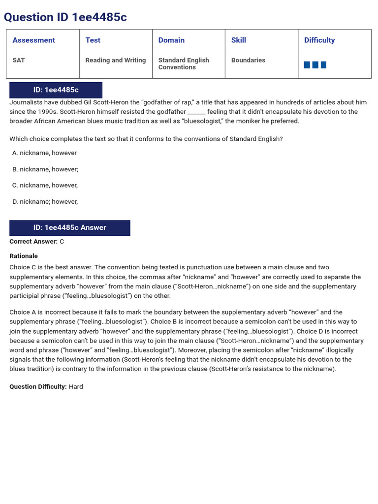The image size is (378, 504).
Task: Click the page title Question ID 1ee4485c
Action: tap(65, 17)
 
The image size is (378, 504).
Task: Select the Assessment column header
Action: tap(33, 40)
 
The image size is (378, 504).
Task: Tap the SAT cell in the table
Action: tap(19, 60)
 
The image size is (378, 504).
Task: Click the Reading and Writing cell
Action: tap(116, 60)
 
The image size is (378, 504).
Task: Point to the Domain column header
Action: tap(171, 40)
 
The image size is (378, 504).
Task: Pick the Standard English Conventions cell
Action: tap(184, 63)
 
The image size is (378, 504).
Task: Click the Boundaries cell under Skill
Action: tap(248, 60)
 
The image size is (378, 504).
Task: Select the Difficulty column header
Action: tap(319, 40)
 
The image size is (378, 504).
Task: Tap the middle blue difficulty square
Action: tap(315, 65)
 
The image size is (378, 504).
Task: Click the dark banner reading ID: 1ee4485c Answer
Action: tap(70, 228)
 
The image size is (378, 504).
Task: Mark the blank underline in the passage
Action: tap(196, 112)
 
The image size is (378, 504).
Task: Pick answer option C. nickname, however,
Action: tap(45, 186)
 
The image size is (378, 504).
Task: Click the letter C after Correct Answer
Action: tap(62, 242)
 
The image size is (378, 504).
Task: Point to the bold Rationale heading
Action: tap(24, 256)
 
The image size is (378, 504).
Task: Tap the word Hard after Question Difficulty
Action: tap(76, 387)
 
